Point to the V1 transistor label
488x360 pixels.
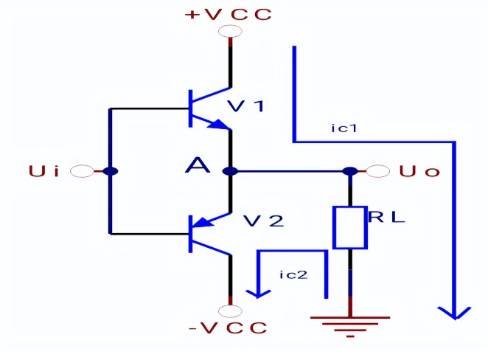[245, 105]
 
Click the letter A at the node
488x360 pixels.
[197, 167]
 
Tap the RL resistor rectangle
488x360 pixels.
[349, 227]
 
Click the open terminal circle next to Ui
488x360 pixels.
[82, 172]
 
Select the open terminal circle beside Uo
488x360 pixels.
[378, 172]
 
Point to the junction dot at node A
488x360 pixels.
[231, 172]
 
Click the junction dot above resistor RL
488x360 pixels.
[349, 172]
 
